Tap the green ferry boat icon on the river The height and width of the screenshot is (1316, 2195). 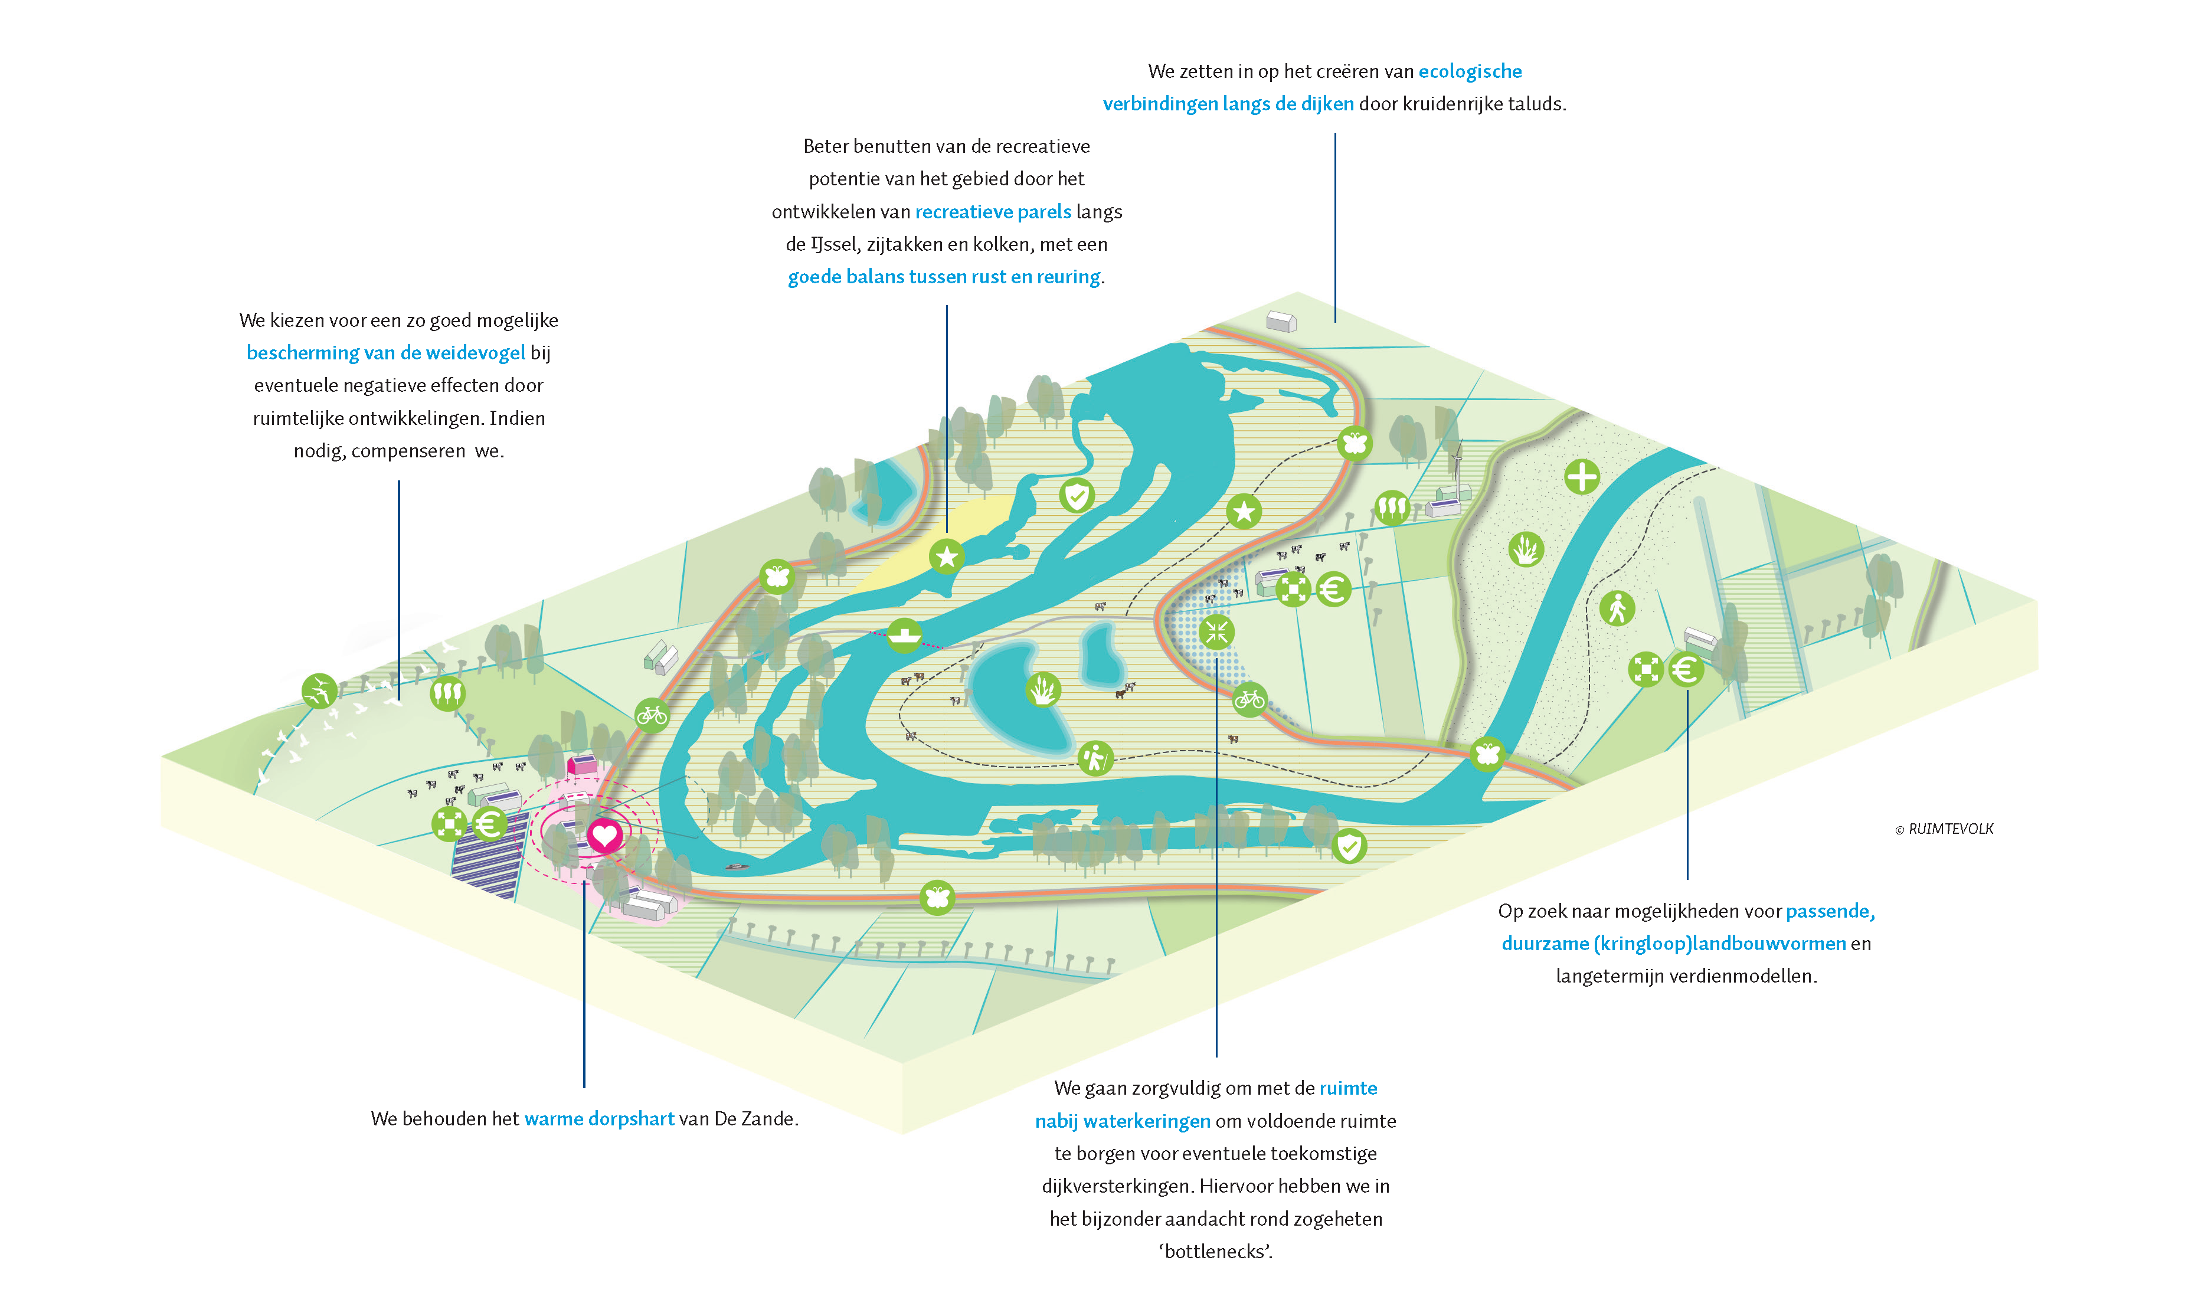click(904, 635)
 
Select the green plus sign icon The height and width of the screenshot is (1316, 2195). click(1581, 477)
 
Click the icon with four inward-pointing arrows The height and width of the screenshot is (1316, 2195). click(1217, 632)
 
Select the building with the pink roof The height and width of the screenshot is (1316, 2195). click(583, 764)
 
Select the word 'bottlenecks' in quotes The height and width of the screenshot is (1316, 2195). click(1215, 1251)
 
